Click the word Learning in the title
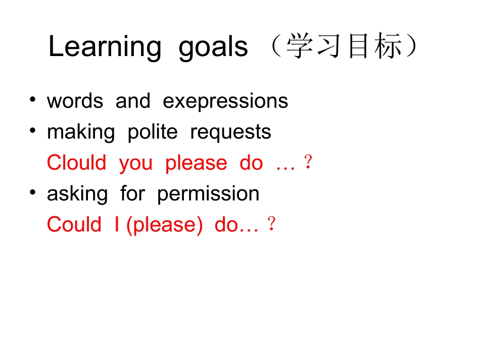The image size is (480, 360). click(105, 48)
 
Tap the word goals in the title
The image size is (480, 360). click(213, 48)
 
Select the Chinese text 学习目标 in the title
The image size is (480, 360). click(345, 47)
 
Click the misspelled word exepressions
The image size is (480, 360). click(225, 101)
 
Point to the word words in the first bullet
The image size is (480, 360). click(75, 101)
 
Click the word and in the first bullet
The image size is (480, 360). click(133, 101)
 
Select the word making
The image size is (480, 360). click(81, 132)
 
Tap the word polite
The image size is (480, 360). click(153, 132)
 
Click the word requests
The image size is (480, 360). click(230, 133)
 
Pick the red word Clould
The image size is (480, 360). click(77, 163)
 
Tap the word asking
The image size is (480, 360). click(77, 194)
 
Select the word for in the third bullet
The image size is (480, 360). click(132, 194)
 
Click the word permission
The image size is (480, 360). click(208, 194)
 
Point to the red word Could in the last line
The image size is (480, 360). click(74, 225)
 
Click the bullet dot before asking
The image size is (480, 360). click(33, 193)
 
